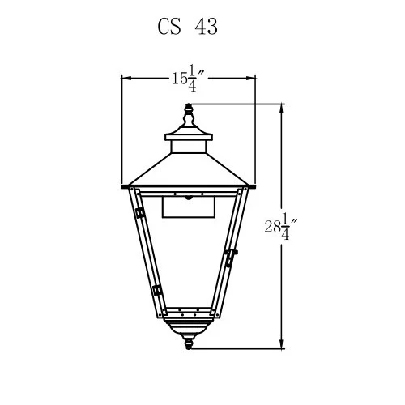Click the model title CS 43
tap(187, 27)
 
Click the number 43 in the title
tap(206, 27)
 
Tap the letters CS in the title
tap(169, 27)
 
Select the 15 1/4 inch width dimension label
tap(188, 78)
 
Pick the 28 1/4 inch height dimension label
tap(281, 227)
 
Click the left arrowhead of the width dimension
tap(126, 78)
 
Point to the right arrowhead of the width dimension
tap(250, 78)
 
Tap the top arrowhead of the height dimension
tap(282, 109)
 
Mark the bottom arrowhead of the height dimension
tap(282, 343)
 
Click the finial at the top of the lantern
tap(189, 116)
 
